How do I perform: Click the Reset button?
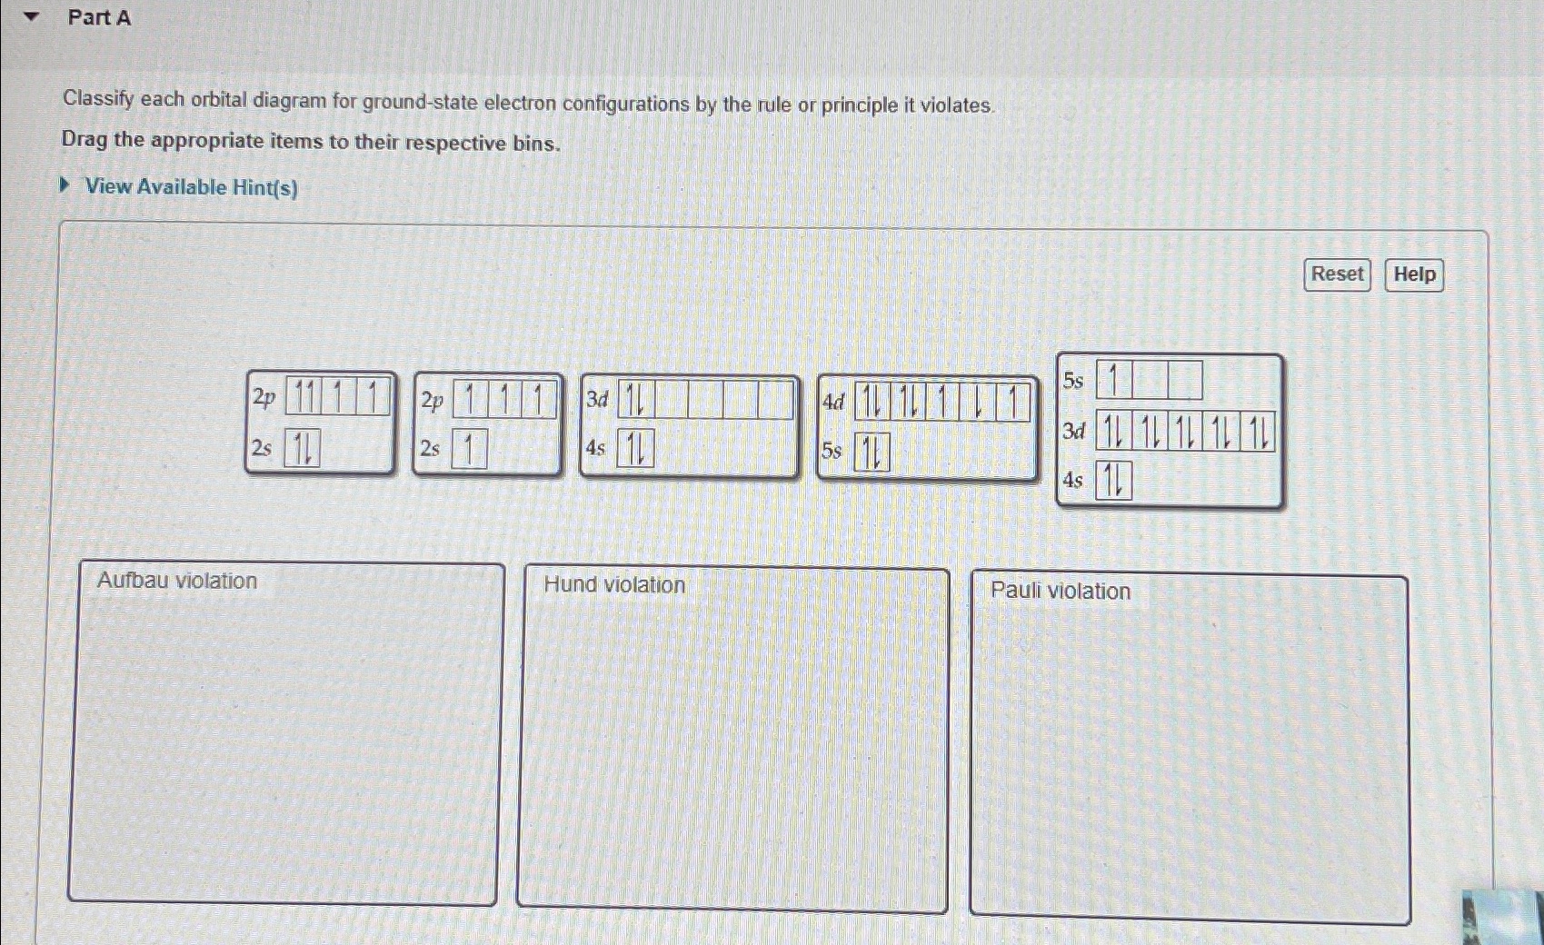1337,274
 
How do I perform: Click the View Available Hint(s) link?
191,187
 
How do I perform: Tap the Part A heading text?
99,17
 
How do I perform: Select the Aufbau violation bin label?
177,581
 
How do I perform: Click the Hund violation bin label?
614,584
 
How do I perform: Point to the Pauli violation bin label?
1061,591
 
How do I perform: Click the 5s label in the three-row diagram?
1073,380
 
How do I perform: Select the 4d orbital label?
833,402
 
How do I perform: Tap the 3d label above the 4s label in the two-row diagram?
597,400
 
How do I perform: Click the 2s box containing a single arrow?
470,449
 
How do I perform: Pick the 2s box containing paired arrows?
302,447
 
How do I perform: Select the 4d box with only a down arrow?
978,402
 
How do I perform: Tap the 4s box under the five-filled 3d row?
1113,480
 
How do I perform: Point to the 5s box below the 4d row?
872,453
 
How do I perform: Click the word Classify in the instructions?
98,100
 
